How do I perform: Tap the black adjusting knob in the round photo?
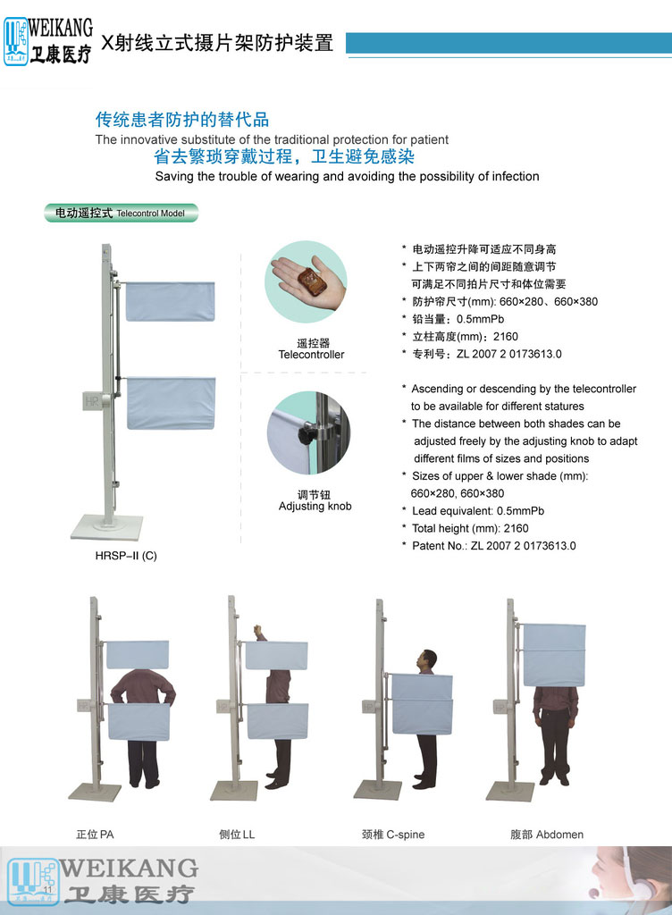click(307, 435)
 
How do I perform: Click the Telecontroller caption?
click(312, 354)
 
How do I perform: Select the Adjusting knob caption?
click(315, 506)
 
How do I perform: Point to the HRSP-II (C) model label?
click(126, 556)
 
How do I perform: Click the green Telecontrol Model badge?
click(122, 213)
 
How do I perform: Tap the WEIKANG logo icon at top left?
click(16, 41)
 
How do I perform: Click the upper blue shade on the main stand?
click(170, 301)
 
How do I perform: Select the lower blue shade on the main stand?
click(171, 403)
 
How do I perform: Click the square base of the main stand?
click(107, 527)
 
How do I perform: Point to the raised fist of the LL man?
click(257, 630)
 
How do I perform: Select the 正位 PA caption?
click(95, 835)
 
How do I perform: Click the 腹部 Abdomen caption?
click(547, 835)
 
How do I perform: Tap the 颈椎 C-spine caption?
click(393, 835)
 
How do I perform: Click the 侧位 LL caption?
click(237, 835)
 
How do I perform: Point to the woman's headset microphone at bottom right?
click(594, 893)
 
